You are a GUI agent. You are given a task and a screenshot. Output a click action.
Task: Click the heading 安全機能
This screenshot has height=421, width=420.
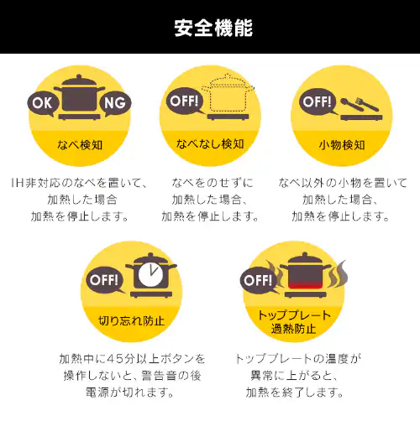point(213,28)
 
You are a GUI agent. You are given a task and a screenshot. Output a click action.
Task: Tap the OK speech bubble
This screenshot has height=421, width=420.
point(43,103)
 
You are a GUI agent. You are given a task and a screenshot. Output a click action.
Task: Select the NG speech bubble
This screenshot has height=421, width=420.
point(115,103)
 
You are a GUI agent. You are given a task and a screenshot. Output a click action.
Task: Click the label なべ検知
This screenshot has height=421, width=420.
point(80,145)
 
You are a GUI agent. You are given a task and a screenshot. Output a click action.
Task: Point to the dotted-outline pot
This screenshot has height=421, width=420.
point(228,94)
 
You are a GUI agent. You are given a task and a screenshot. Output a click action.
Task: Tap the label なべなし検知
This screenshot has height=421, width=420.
point(210,144)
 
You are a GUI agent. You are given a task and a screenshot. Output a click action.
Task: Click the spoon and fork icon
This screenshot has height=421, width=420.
point(360,105)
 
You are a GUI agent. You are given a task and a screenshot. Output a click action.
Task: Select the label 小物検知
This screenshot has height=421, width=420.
point(342,145)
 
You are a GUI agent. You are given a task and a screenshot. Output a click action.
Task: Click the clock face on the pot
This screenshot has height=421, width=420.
point(151,274)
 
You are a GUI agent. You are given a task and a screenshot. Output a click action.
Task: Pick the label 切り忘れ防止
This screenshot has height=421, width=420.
point(131,320)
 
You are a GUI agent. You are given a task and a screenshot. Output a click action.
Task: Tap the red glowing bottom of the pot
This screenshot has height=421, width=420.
point(306,285)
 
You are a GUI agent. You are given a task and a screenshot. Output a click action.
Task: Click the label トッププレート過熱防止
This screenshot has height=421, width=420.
point(294,322)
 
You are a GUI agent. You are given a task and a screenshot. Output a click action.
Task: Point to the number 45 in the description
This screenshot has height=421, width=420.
point(115,359)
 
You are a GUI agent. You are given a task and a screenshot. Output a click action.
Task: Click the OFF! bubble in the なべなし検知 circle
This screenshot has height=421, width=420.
point(185,101)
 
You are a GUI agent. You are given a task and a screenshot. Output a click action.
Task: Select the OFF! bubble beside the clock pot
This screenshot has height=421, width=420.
point(105,279)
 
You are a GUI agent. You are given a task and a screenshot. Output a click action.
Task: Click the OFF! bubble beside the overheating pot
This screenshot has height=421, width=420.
point(259,280)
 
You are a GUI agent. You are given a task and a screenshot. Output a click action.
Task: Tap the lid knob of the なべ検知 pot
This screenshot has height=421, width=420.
point(79,76)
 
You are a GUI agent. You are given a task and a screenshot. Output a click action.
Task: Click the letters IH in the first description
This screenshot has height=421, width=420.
point(18,183)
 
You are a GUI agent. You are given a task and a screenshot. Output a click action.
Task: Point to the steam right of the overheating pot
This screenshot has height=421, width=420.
point(338,274)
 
